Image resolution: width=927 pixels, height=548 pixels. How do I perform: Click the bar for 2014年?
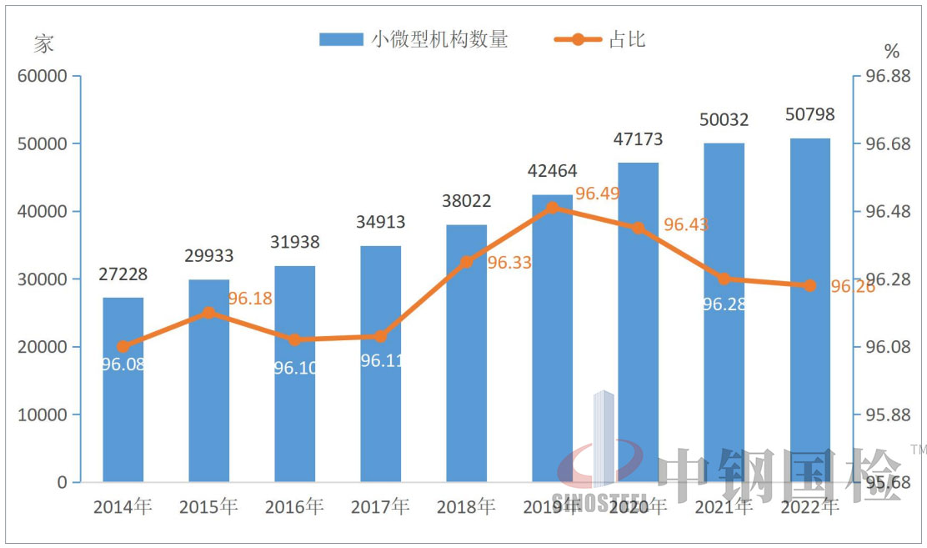click(123, 390)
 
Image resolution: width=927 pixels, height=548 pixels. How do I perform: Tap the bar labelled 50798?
click(809, 309)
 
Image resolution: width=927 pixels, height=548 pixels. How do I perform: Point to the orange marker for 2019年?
click(552, 208)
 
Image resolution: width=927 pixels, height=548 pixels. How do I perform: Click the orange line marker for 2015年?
click(208, 313)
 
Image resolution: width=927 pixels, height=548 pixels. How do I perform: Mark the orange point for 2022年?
click(809, 285)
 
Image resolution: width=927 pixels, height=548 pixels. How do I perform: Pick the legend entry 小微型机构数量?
click(413, 39)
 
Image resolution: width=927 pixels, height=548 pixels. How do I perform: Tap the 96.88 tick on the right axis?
click(887, 76)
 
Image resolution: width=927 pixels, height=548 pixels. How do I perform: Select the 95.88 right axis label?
click(887, 415)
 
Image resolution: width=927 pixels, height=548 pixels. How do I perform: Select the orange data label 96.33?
click(509, 263)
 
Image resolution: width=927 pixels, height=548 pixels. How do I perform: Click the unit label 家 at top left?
click(43, 44)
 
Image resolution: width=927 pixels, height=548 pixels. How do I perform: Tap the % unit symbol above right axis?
click(892, 50)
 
